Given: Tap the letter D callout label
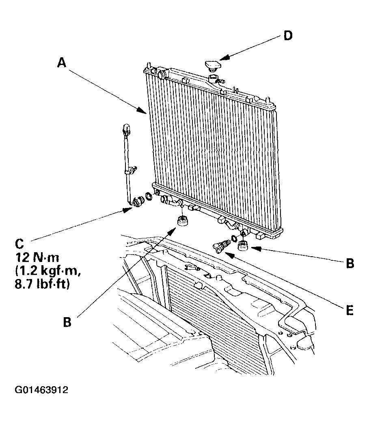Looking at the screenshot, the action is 288,35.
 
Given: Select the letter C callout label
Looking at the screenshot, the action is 19,244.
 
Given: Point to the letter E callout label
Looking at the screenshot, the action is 350,310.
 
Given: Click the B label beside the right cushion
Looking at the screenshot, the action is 350,263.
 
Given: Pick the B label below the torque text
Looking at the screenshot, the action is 67,322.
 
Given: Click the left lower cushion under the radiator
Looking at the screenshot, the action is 183,221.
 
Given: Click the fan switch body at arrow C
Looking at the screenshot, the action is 139,201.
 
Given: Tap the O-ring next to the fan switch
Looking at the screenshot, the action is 149,197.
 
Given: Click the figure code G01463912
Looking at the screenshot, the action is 41,390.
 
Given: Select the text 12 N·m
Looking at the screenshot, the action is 37,258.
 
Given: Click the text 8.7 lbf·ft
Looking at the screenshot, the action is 42,284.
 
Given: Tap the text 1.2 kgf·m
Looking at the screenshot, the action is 48,271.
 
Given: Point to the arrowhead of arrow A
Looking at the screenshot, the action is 142,110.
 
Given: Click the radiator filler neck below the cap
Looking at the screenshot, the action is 214,78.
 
